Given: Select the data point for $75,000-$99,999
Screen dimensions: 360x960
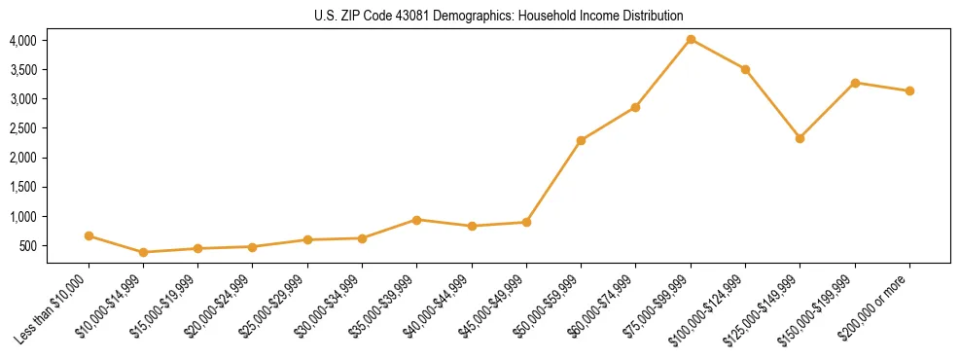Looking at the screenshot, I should click(x=691, y=40).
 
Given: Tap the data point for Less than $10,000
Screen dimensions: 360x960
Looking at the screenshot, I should click(x=89, y=235).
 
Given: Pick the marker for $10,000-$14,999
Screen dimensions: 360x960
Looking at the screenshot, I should click(x=144, y=252).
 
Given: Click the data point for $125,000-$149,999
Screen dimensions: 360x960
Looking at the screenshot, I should click(x=800, y=138).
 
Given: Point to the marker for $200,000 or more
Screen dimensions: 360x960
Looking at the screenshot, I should click(x=909, y=91).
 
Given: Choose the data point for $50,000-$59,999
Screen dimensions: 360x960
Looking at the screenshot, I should click(x=581, y=141).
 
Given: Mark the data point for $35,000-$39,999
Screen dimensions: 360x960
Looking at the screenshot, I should click(x=417, y=220).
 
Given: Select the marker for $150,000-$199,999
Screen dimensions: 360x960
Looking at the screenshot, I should click(x=855, y=83).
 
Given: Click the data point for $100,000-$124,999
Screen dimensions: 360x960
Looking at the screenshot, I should click(x=745, y=69).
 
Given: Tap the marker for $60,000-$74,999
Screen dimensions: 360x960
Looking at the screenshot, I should click(x=635, y=107).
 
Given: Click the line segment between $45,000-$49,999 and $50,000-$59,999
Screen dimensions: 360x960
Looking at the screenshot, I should click(x=553, y=182).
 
